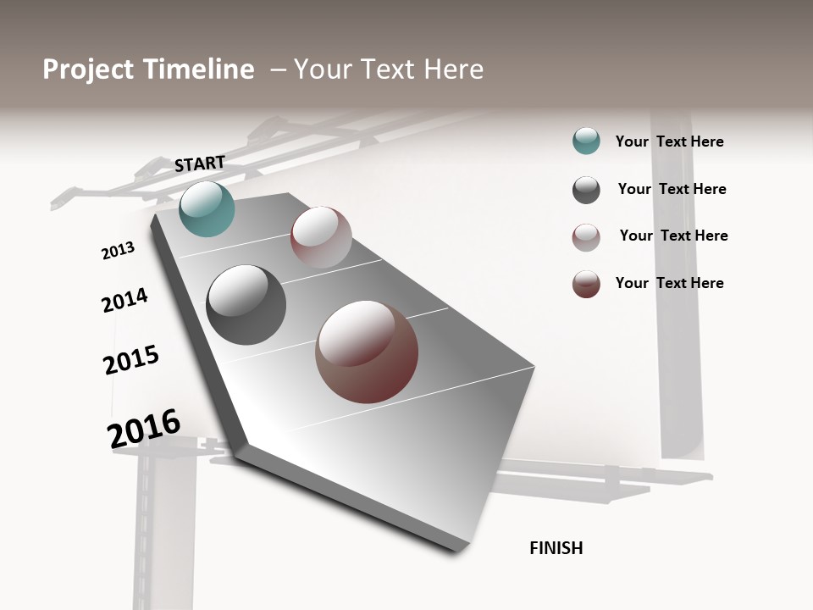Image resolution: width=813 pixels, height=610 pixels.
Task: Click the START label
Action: click(200, 164)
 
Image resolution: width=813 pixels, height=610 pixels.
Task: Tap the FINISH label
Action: click(556, 548)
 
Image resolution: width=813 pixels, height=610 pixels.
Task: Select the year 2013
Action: click(118, 251)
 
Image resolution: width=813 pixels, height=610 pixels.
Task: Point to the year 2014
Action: click(124, 300)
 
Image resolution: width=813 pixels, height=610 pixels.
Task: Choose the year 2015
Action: click(131, 360)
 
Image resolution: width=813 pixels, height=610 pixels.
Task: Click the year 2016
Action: click(144, 429)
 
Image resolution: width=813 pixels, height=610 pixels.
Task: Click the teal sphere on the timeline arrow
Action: click(207, 208)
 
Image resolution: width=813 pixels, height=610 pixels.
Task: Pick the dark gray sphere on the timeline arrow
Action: click(246, 305)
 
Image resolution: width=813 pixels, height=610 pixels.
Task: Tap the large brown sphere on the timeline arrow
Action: click(367, 352)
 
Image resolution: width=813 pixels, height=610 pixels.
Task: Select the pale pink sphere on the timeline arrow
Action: click(321, 237)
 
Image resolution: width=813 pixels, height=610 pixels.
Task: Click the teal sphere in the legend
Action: click(586, 141)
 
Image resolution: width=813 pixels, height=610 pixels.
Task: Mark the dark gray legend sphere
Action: click(586, 190)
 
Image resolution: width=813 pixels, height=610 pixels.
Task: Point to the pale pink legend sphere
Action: click(586, 237)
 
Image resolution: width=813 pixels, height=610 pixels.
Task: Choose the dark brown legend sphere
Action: click(586, 284)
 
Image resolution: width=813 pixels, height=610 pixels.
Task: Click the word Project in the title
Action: click(88, 69)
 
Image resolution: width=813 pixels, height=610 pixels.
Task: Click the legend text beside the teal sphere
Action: click(669, 141)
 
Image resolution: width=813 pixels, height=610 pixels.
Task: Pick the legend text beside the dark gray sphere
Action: click(672, 189)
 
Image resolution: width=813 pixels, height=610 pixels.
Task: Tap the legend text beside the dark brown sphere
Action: click(669, 283)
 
